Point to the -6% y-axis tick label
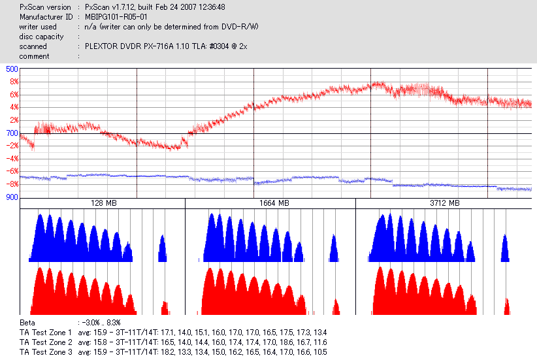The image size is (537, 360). tap(11, 172)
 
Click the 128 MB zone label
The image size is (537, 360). tap(103, 204)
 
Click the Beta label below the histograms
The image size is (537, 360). tap(27, 323)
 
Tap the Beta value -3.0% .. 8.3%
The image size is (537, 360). tap(99, 323)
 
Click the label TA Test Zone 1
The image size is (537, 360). tap(46, 333)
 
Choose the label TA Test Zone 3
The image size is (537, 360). tap(46, 352)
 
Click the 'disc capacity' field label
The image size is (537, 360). tap(42, 37)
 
